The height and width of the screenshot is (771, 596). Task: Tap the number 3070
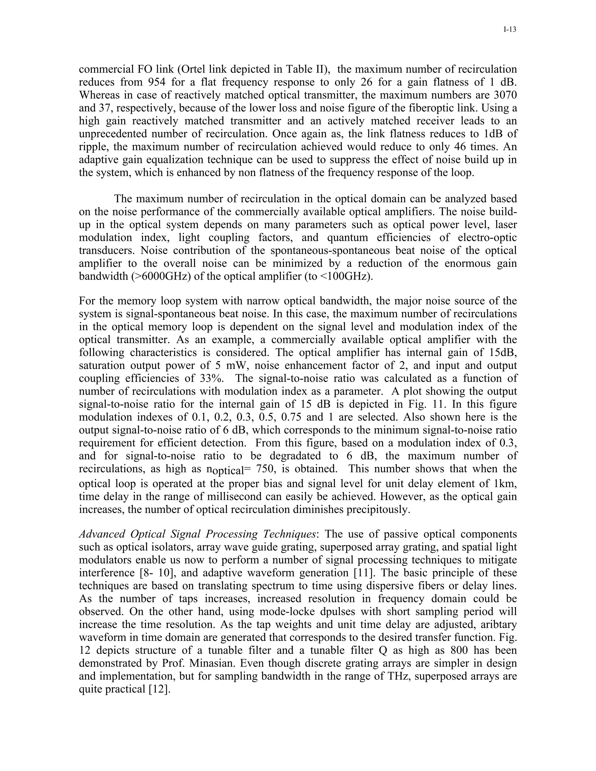click(x=505, y=95)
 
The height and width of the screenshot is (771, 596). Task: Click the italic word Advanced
click(x=102, y=534)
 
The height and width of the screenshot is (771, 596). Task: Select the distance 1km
click(x=505, y=484)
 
